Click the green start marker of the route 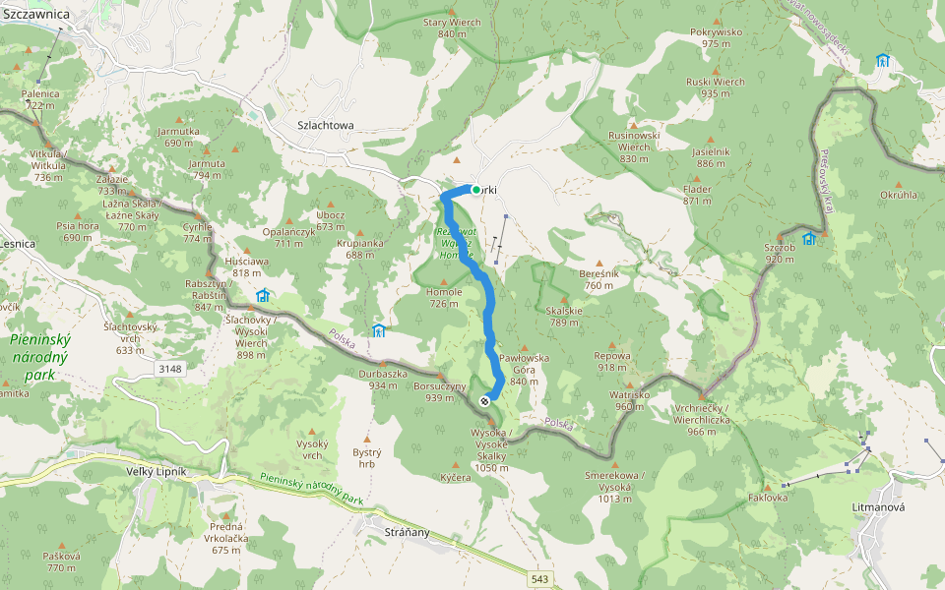coord(476,190)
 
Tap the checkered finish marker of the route coord(484,401)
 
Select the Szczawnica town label coord(35,14)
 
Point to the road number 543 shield coord(539,579)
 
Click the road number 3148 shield coord(168,368)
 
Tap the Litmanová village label coord(877,506)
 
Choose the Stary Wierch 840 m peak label coord(452,28)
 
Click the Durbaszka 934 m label coord(383,380)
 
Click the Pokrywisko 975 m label coord(717,37)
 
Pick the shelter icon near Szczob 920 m coord(809,239)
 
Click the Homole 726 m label coord(444,298)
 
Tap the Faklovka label coord(768,498)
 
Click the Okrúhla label coord(899,195)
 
